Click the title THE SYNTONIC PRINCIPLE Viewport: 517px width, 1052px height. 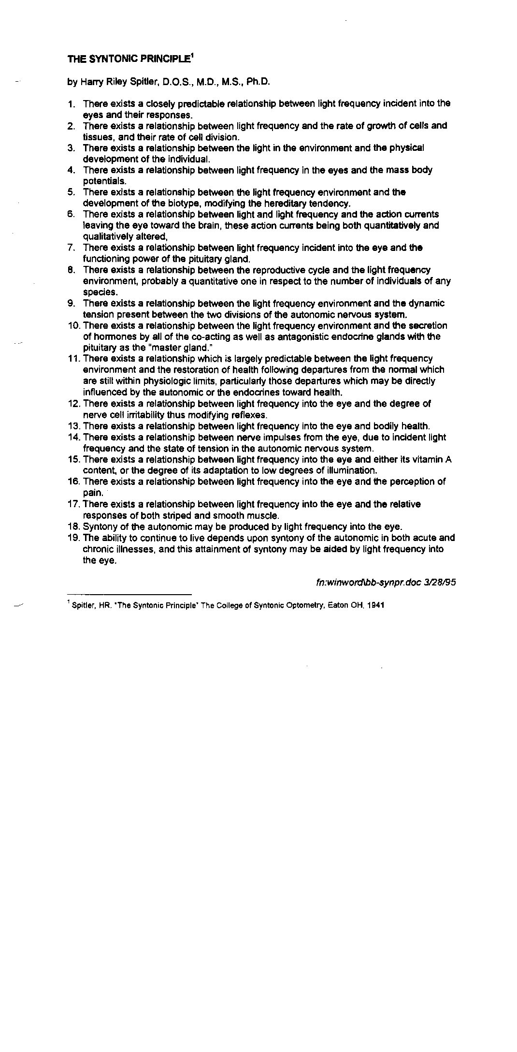[x=129, y=59]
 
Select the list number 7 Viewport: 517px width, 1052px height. [x=71, y=248]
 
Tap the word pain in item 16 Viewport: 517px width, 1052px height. [x=92, y=493]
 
